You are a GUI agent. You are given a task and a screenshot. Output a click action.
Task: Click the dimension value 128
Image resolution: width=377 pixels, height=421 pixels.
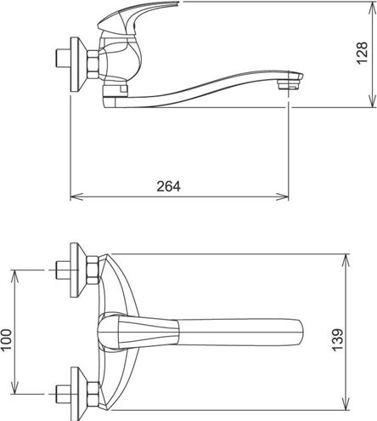(x=363, y=54)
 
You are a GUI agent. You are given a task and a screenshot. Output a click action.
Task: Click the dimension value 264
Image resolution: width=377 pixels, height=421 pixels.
(x=168, y=186)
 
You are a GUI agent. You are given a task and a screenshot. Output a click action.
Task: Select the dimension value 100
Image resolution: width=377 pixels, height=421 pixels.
(x=6, y=339)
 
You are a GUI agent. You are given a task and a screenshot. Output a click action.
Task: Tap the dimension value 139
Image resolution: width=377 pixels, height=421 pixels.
(x=337, y=340)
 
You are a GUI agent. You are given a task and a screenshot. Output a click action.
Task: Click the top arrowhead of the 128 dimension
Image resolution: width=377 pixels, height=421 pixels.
(x=372, y=6)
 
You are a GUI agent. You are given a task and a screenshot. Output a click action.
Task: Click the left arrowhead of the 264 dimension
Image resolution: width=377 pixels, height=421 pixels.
(x=76, y=196)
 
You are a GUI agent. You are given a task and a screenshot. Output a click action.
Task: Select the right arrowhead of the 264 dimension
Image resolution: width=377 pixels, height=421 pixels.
(x=282, y=196)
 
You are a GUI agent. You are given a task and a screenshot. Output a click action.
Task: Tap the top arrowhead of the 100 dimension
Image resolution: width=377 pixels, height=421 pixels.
(x=14, y=276)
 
